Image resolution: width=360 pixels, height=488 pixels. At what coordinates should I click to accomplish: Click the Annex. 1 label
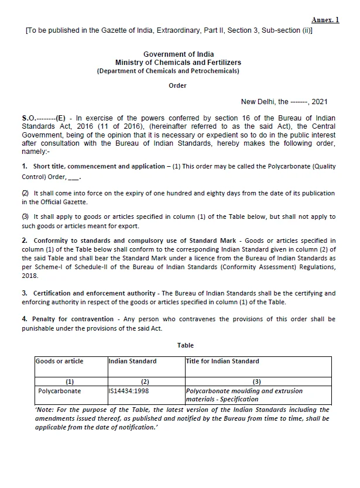[325, 20]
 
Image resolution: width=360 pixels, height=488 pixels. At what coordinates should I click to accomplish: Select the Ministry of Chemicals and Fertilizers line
[177, 63]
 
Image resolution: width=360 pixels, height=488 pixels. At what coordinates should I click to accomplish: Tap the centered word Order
[177, 85]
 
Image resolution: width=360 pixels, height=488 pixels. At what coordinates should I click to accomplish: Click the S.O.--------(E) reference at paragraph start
[43, 118]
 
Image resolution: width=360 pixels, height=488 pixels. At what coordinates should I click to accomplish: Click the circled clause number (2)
[25, 193]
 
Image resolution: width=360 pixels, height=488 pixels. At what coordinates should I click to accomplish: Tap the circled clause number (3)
[25, 217]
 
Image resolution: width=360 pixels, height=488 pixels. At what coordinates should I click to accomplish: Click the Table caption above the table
[186, 346]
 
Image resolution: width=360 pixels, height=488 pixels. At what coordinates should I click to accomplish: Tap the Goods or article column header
[60, 362]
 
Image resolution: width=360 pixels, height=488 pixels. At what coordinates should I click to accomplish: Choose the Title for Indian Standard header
[222, 362]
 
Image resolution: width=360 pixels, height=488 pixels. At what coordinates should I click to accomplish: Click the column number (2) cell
[146, 382]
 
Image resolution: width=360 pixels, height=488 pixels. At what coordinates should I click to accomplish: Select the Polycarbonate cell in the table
[60, 391]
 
